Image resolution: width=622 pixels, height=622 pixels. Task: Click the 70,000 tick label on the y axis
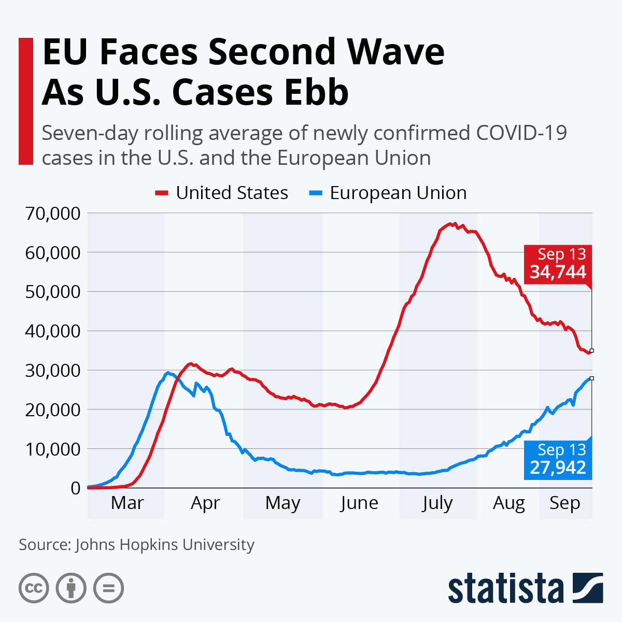pyautogui.click(x=52, y=213)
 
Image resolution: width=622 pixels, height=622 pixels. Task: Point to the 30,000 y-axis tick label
pyautogui.click(x=52, y=370)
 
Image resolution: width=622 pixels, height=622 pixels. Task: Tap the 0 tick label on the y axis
pyautogui.click(x=76, y=488)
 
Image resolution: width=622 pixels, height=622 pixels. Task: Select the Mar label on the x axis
pyautogui.click(x=127, y=503)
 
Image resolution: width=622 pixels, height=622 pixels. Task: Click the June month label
pyautogui.click(x=359, y=503)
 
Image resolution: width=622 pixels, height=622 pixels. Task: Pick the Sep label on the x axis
pyautogui.click(x=564, y=503)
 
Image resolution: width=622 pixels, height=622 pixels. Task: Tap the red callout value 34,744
pyautogui.click(x=558, y=272)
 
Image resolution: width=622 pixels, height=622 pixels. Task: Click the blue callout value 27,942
pyautogui.click(x=558, y=468)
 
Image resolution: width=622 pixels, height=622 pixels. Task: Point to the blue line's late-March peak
pyautogui.click(x=167, y=373)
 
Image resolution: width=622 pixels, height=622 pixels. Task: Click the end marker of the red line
pyautogui.click(x=591, y=351)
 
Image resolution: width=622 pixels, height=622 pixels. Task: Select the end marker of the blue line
pyautogui.click(x=591, y=378)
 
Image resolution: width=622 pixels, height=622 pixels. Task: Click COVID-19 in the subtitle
pyautogui.click(x=521, y=133)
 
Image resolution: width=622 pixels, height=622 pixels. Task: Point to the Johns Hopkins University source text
pyautogui.click(x=164, y=545)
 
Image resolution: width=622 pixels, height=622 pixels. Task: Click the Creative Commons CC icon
pyautogui.click(x=34, y=588)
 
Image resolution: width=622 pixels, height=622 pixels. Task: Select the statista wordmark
pyautogui.click(x=505, y=588)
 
